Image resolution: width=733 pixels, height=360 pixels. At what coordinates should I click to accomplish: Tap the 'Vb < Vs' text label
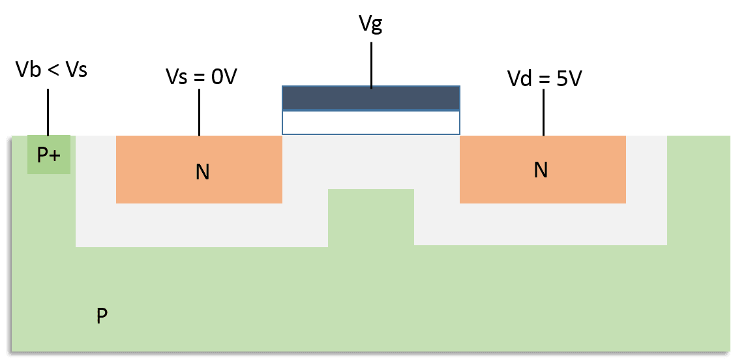(x=51, y=70)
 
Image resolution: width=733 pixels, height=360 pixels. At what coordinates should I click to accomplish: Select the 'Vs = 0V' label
(x=200, y=77)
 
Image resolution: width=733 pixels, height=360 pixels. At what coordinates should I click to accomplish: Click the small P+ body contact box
(x=48, y=155)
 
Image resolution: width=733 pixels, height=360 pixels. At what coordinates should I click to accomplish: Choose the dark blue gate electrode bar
(x=370, y=98)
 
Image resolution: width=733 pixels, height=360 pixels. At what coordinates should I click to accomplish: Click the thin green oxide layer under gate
(x=370, y=123)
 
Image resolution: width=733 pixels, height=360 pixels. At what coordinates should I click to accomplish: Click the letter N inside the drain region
(x=540, y=170)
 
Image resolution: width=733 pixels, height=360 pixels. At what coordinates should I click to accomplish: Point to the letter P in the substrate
(x=102, y=317)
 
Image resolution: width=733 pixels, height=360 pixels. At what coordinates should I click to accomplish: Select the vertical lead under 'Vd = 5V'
(x=543, y=113)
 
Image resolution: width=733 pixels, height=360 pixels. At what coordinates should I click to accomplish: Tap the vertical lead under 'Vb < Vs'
(x=48, y=112)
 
